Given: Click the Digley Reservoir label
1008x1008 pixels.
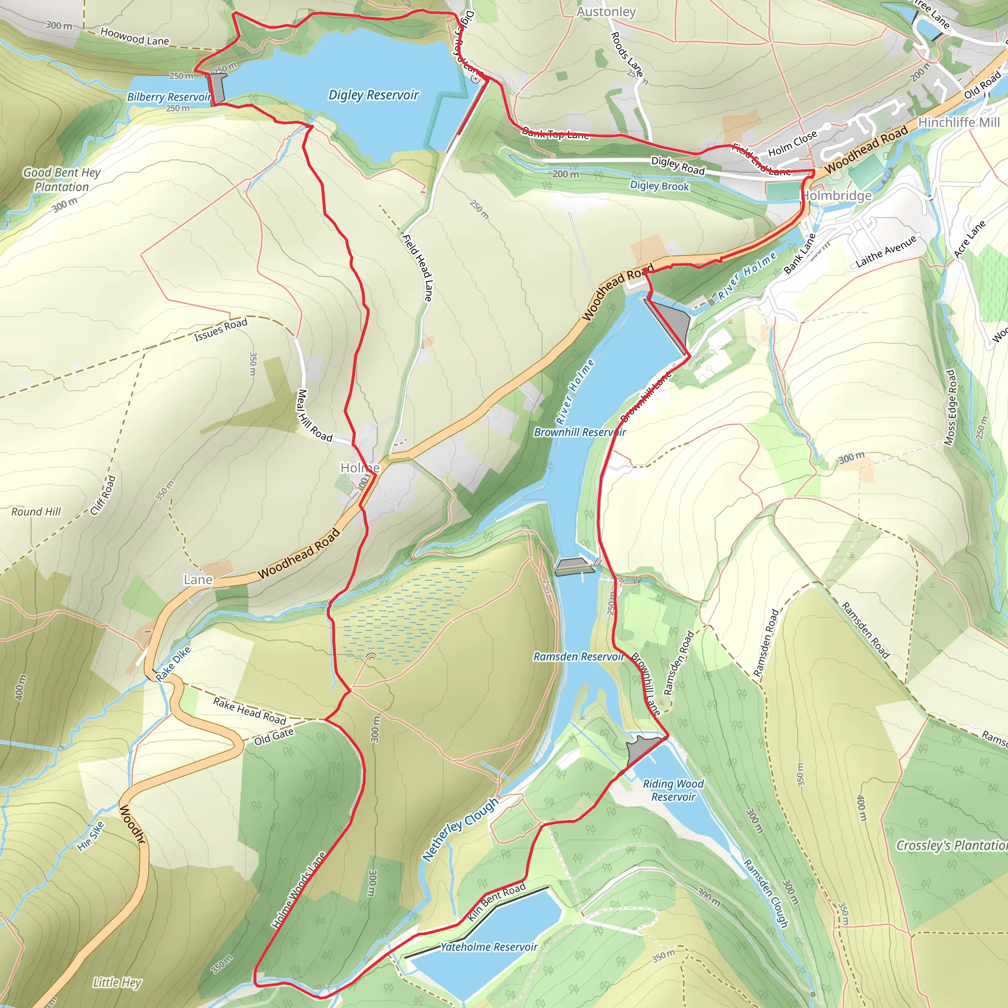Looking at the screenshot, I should tap(373, 95).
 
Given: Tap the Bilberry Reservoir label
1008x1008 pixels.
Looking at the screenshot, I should tap(169, 97).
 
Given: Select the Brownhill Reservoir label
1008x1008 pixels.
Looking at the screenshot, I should tap(579, 432).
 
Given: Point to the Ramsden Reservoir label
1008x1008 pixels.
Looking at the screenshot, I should tap(578, 657).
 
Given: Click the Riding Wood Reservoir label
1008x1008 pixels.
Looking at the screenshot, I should tap(673, 790).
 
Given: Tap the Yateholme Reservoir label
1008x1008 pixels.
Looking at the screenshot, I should tap(489, 947).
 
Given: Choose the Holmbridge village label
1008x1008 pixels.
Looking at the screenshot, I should tap(836, 196).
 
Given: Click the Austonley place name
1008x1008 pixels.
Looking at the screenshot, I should tap(606, 11).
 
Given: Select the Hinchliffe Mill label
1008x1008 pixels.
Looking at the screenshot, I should tap(959, 122).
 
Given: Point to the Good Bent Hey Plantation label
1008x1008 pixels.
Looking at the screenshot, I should tap(62, 180).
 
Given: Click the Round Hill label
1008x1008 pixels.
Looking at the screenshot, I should tap(36, 512).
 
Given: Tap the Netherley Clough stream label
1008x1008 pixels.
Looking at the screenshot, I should tap(460, 829).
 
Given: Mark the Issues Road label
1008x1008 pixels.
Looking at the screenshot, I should tap(220, 330).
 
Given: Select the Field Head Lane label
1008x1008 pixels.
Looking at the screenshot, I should tap(417, 267).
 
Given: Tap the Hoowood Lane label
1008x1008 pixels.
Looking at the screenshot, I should tap(134, 36).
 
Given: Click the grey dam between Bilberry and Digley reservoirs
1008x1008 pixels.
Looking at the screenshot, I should tap(218, 88).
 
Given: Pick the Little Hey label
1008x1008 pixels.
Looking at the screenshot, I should tap(117, 982).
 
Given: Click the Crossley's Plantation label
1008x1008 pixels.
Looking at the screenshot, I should tap(950, 845).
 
